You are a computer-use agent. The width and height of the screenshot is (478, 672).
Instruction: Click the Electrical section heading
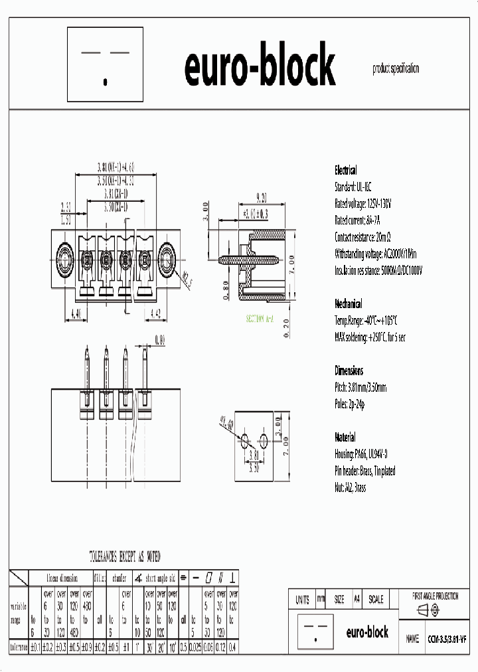345,170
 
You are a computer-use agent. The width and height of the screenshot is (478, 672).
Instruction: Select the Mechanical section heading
349,303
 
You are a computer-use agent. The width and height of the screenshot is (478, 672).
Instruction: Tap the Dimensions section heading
349,371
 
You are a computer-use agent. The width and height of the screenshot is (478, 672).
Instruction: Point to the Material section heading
345,438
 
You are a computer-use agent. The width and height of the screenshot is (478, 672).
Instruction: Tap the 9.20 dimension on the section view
260,197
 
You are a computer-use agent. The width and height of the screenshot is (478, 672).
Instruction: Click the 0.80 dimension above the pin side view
159,339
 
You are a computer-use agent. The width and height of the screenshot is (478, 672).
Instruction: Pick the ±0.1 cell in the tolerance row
36,646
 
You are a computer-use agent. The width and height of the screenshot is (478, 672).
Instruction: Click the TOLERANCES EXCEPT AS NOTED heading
125,556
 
